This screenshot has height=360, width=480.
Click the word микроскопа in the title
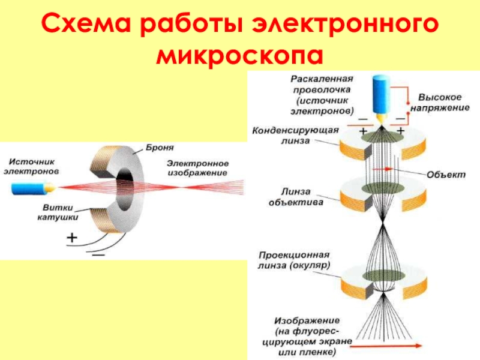tap(239, 55)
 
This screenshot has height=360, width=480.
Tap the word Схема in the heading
tap(86, 23)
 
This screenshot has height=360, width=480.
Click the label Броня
tap(160, 148)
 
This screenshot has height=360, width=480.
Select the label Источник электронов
tap(31, 166)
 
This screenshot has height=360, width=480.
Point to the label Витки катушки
tap(58, 212)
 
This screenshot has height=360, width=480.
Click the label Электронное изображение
tap(198, 168)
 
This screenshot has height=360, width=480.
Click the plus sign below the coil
tap(72, 238)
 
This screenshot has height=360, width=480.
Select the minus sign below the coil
tap(98, 254)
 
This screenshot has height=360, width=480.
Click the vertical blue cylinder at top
tap(381, 95)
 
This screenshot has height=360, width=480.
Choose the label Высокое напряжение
tap(440, 103)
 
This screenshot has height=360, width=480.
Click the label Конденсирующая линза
tap(295, 136)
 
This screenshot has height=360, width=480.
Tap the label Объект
tap(446, 175)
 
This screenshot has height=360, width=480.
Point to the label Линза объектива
tap(296, 197)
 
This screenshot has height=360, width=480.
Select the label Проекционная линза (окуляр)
tap(294, 260)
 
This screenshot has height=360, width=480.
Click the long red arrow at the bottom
tap(386, 346)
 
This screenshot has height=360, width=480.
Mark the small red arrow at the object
tap(383, 169)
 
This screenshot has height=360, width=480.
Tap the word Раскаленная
tap(322, 79)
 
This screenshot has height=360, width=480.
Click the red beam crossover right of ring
tap(181, 187)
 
